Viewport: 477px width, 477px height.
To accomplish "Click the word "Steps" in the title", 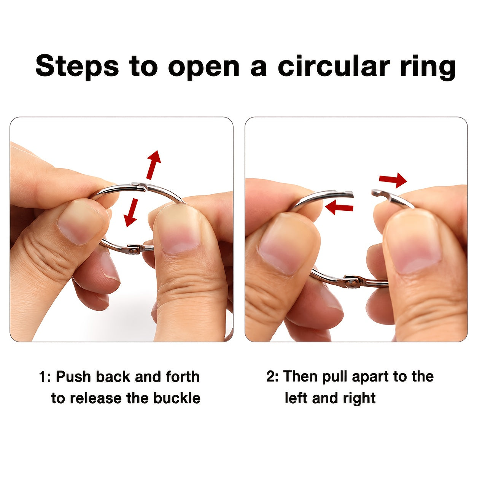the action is [x=77, y=66].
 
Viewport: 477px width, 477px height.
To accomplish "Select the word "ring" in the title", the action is [x=428, y=68].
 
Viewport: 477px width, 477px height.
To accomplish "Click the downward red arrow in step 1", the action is [x=131, y=213].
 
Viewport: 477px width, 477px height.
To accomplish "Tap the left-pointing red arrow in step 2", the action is [x=339, y=207].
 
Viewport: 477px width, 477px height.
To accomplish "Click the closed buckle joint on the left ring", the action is [x=139, y=186].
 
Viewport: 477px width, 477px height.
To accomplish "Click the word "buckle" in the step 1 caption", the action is [x=176, y=398].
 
